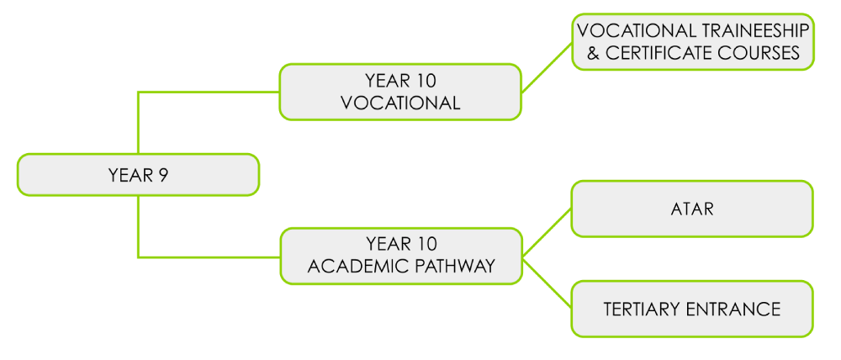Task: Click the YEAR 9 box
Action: click(138, 175)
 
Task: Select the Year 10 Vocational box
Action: click(400, 92)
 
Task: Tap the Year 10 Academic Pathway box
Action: click(400, 255)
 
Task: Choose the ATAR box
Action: click(692, 209)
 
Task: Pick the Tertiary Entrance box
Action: click(692, 309)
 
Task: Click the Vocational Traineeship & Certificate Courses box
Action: click(692, 41)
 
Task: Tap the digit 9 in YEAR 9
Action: click(163, 175)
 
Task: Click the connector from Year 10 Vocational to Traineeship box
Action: click(547, 67)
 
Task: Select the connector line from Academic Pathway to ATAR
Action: click(547, 232)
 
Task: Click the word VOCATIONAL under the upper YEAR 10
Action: click(400, 103)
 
